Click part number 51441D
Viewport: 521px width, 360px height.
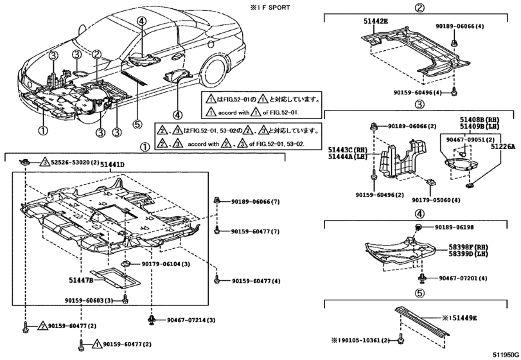[x=112, y=165]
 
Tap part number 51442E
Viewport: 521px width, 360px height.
[x=358, y=21]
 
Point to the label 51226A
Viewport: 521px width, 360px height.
[x=504, y=147]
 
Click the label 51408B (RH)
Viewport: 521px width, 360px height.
[x=488, y=119]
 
